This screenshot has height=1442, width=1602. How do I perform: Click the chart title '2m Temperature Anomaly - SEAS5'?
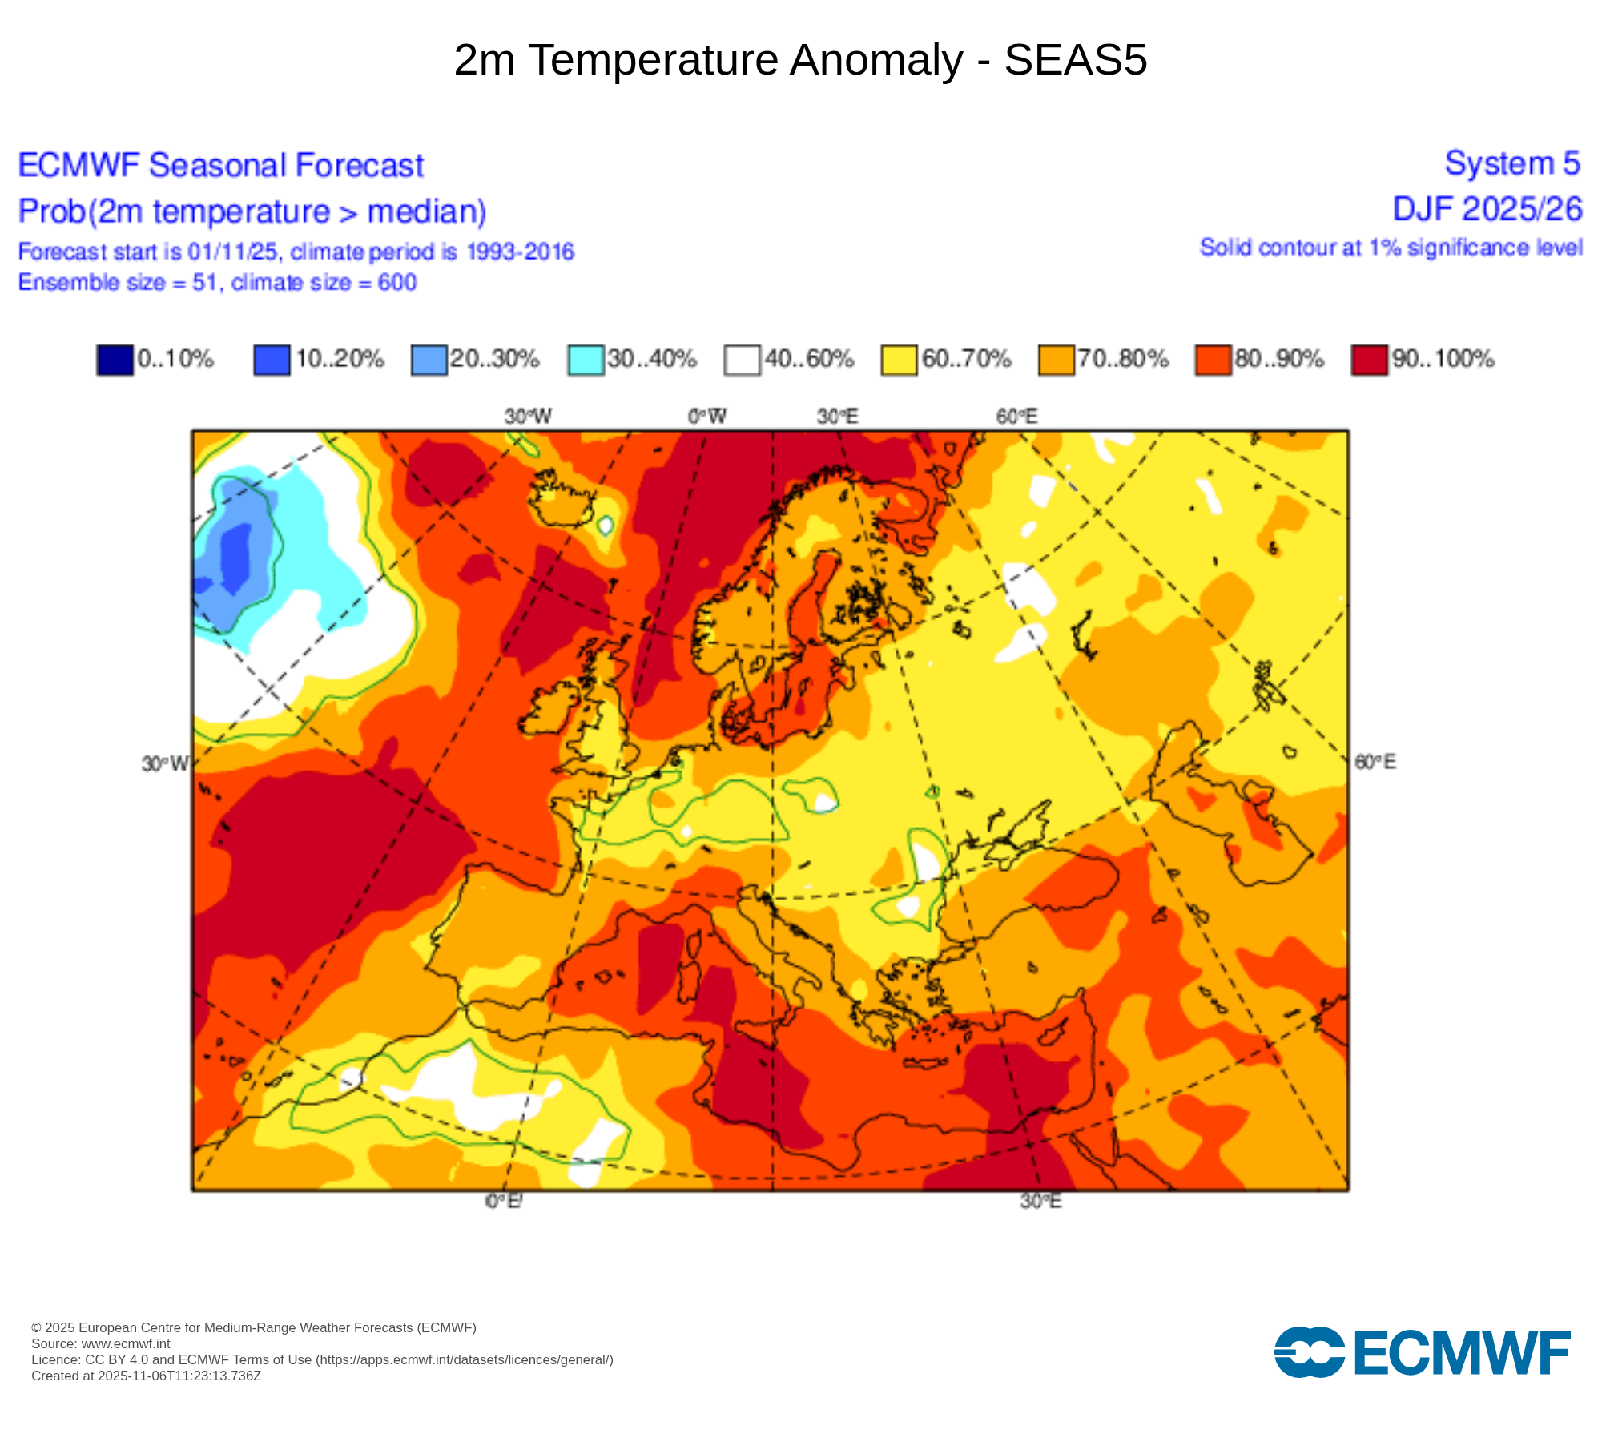(x=800, y=60)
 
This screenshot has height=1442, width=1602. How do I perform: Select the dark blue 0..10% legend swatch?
(x=115, y=359)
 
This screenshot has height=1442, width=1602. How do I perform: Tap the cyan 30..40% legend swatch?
(x=586, y=359)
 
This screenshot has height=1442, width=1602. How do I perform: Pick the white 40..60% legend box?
(x=742, y=359)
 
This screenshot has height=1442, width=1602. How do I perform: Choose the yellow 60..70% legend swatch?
(x=899, y=359)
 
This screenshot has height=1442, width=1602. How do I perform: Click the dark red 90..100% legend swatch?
(x=1369, y=359)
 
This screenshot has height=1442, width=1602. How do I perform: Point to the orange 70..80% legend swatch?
(x=1056, y=359)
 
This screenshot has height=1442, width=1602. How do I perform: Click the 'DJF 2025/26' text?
(x=1487, y=209)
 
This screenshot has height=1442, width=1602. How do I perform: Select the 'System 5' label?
(x=1512, y=163)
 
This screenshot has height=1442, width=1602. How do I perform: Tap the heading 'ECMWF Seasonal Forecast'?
(x=220, y=166)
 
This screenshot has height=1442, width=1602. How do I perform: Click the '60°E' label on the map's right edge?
(x=1375, y=762)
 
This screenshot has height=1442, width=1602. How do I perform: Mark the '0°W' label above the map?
(x=707, y=417)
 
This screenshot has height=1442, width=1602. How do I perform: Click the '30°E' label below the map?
(x=1040, y=1202)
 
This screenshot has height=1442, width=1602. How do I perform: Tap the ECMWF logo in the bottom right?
(x=1422, y=1352)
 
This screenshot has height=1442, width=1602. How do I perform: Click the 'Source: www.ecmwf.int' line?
(x=101, y=1343)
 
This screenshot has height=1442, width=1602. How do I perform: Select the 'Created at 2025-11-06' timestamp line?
(x=147, y=1376)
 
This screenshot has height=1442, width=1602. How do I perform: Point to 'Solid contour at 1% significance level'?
(x=1391, y=248)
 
